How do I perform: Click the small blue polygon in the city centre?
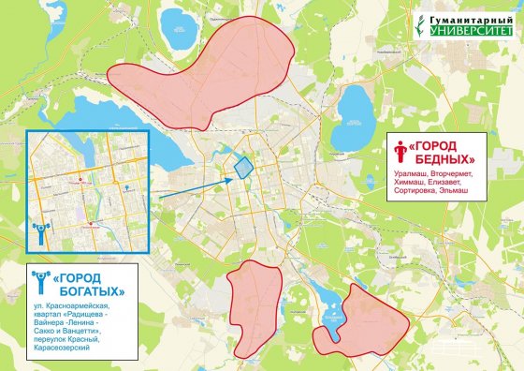(242, 167)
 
